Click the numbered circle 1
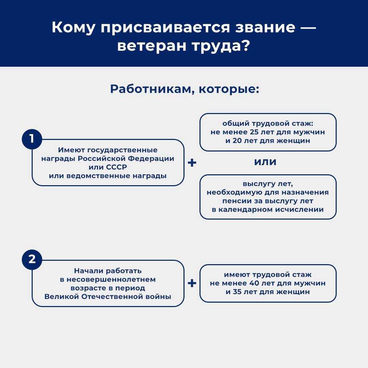(32, 139)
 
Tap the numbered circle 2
(32, 259)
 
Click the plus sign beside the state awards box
(192, 163)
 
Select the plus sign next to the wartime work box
(192, 283)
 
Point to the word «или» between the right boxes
(265, 162)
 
